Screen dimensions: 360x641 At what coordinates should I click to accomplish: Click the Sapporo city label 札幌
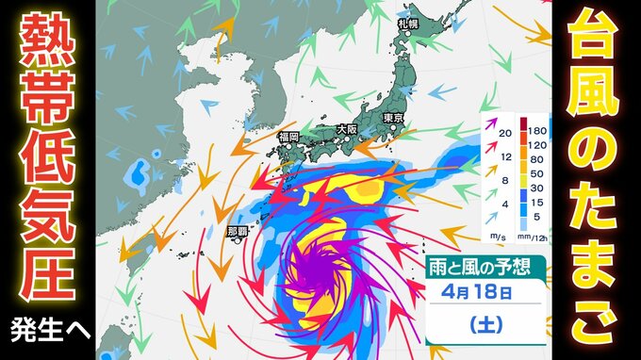pos(407,22)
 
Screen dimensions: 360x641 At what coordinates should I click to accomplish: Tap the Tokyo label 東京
pos(393,117)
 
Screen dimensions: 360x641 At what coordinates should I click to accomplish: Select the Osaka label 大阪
pos(346,129)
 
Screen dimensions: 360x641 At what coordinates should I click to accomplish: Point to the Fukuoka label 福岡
pos(288,138)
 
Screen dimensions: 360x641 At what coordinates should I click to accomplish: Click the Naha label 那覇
pos(239,229)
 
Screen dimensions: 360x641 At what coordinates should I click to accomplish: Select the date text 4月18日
pos(481,292)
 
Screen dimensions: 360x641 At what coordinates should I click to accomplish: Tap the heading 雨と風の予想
pos(482,266)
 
